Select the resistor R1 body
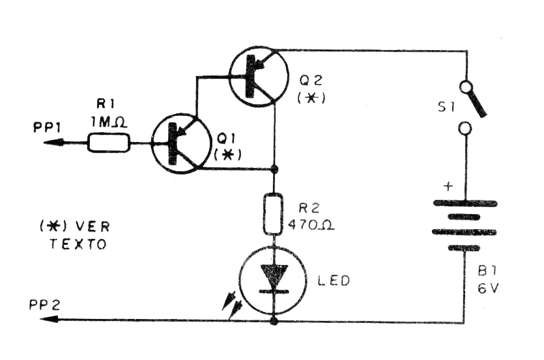(x=109, y=142)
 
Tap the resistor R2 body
(x=273, y=214)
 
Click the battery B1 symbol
(x=464, y=225)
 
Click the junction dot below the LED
(x=273, y=320)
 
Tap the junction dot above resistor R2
(x=273, y=170)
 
